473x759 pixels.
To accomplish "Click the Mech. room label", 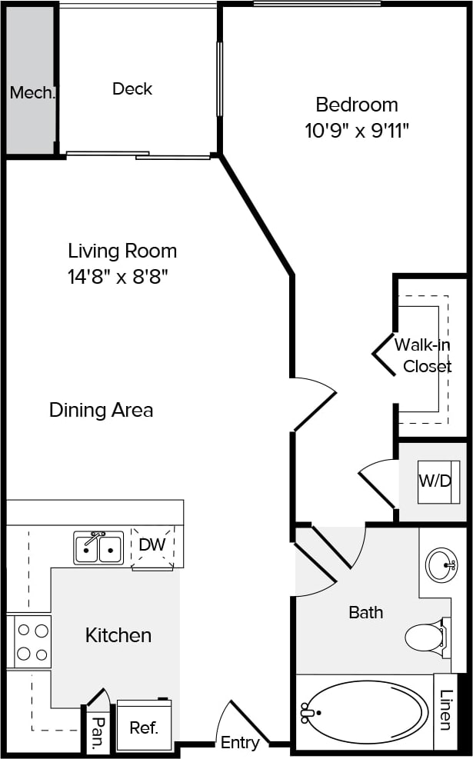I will tap(32, 93).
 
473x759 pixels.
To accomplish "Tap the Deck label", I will tap(132, 88).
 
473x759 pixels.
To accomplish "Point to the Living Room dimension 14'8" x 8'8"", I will tap(118, 276).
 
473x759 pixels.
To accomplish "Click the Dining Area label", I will tap(101, 410).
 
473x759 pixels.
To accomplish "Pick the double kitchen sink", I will tap(98, 548).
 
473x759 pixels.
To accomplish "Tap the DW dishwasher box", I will tap(152, 545).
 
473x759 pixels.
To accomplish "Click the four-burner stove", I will tap(32, 641).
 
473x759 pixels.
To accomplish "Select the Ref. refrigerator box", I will tap(144, 727).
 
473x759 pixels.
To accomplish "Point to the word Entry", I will tap(239, 743).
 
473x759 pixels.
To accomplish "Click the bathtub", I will tap(365, 711).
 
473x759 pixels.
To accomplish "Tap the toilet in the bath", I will tap(425, 636).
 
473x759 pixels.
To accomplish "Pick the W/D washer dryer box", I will tap(435, 481).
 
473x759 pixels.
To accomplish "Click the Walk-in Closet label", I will tap(422, 355).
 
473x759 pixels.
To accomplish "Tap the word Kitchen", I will tap(118, 635).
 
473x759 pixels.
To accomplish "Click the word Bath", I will tap(365, 612).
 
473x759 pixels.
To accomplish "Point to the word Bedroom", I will tap(357, 104).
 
